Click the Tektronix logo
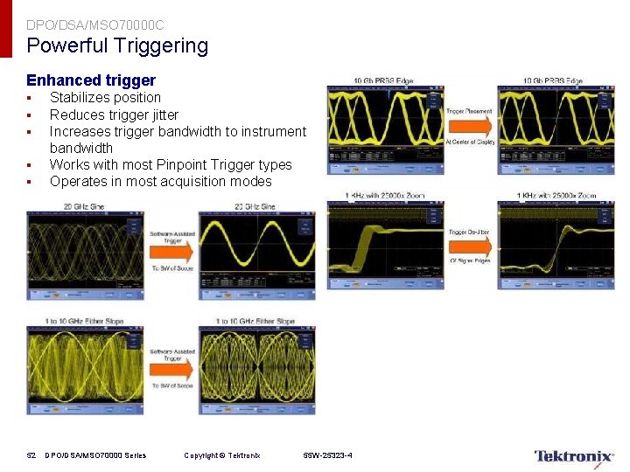click(574, 456)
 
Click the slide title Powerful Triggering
click(117, 45)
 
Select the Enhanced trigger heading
click(91, 80)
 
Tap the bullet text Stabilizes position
click(105, 98)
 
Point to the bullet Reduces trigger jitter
click(114, 115)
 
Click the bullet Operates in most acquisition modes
click(160, 182)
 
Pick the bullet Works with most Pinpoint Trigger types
click(171, 164)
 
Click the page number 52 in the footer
click(31, 455)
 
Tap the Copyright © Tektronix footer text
click(221, 455)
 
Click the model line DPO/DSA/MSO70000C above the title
click(94, 25)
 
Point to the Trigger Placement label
click(470, 112)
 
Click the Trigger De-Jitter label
click(470, 233)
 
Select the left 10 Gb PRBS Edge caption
click(383, 81)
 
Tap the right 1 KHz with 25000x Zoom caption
click(556, 196)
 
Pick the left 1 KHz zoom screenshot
click(384, 245)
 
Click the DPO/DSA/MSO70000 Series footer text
click(95, 455)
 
